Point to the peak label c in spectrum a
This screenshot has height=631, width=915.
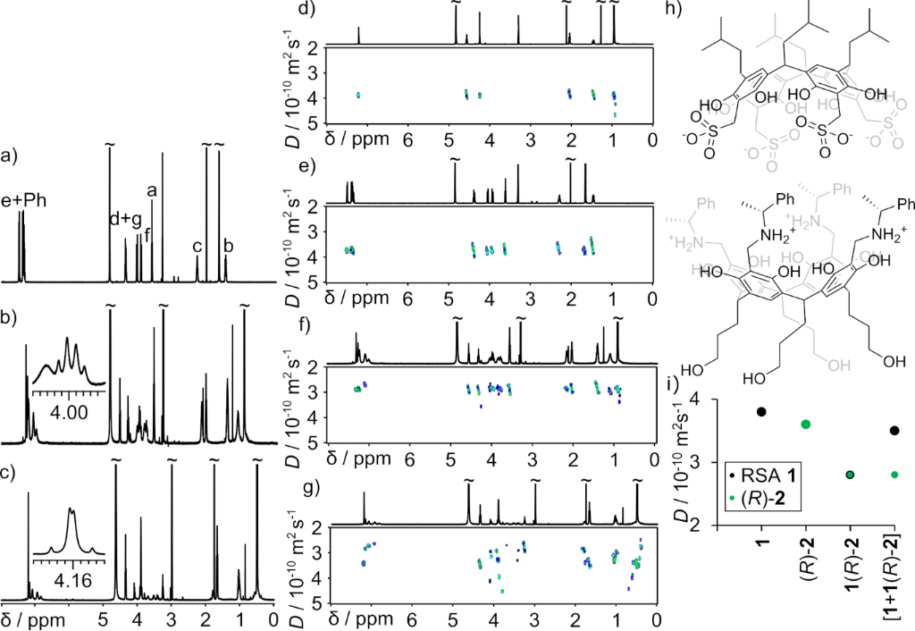click(x=197, y=247)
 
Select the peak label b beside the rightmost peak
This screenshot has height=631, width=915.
click(x=229, y=247)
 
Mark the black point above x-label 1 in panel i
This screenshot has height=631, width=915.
click(x=761, y=411)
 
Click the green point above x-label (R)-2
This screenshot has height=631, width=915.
click(x=806, y=424)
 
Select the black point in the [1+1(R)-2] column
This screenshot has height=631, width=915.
click(x=895, y=431)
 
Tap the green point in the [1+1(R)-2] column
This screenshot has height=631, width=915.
click(x=895, y=475)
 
